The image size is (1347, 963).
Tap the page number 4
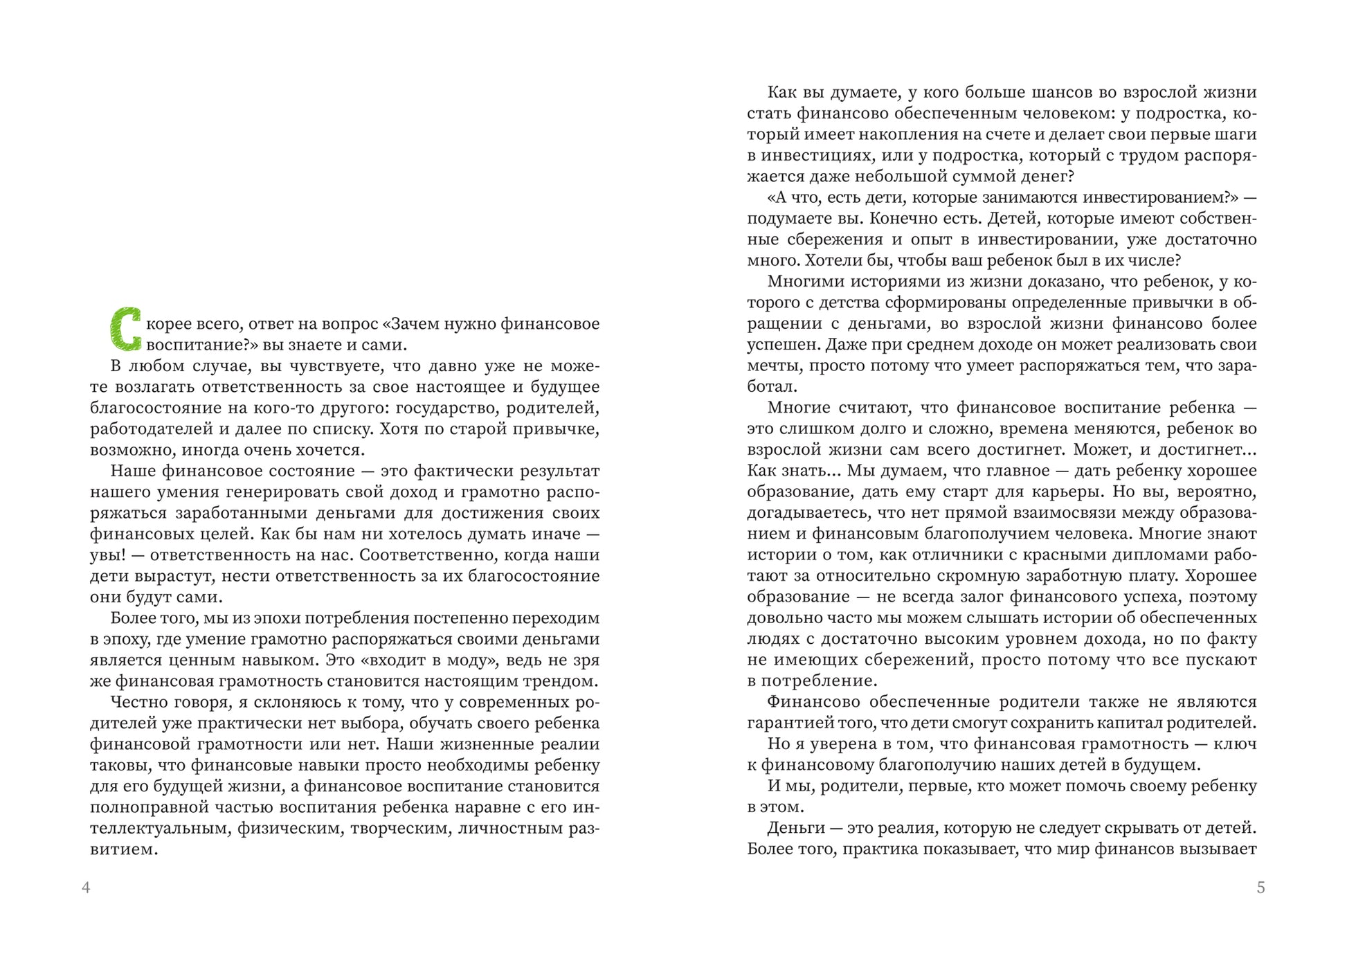86,888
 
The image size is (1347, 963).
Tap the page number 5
1260,888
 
